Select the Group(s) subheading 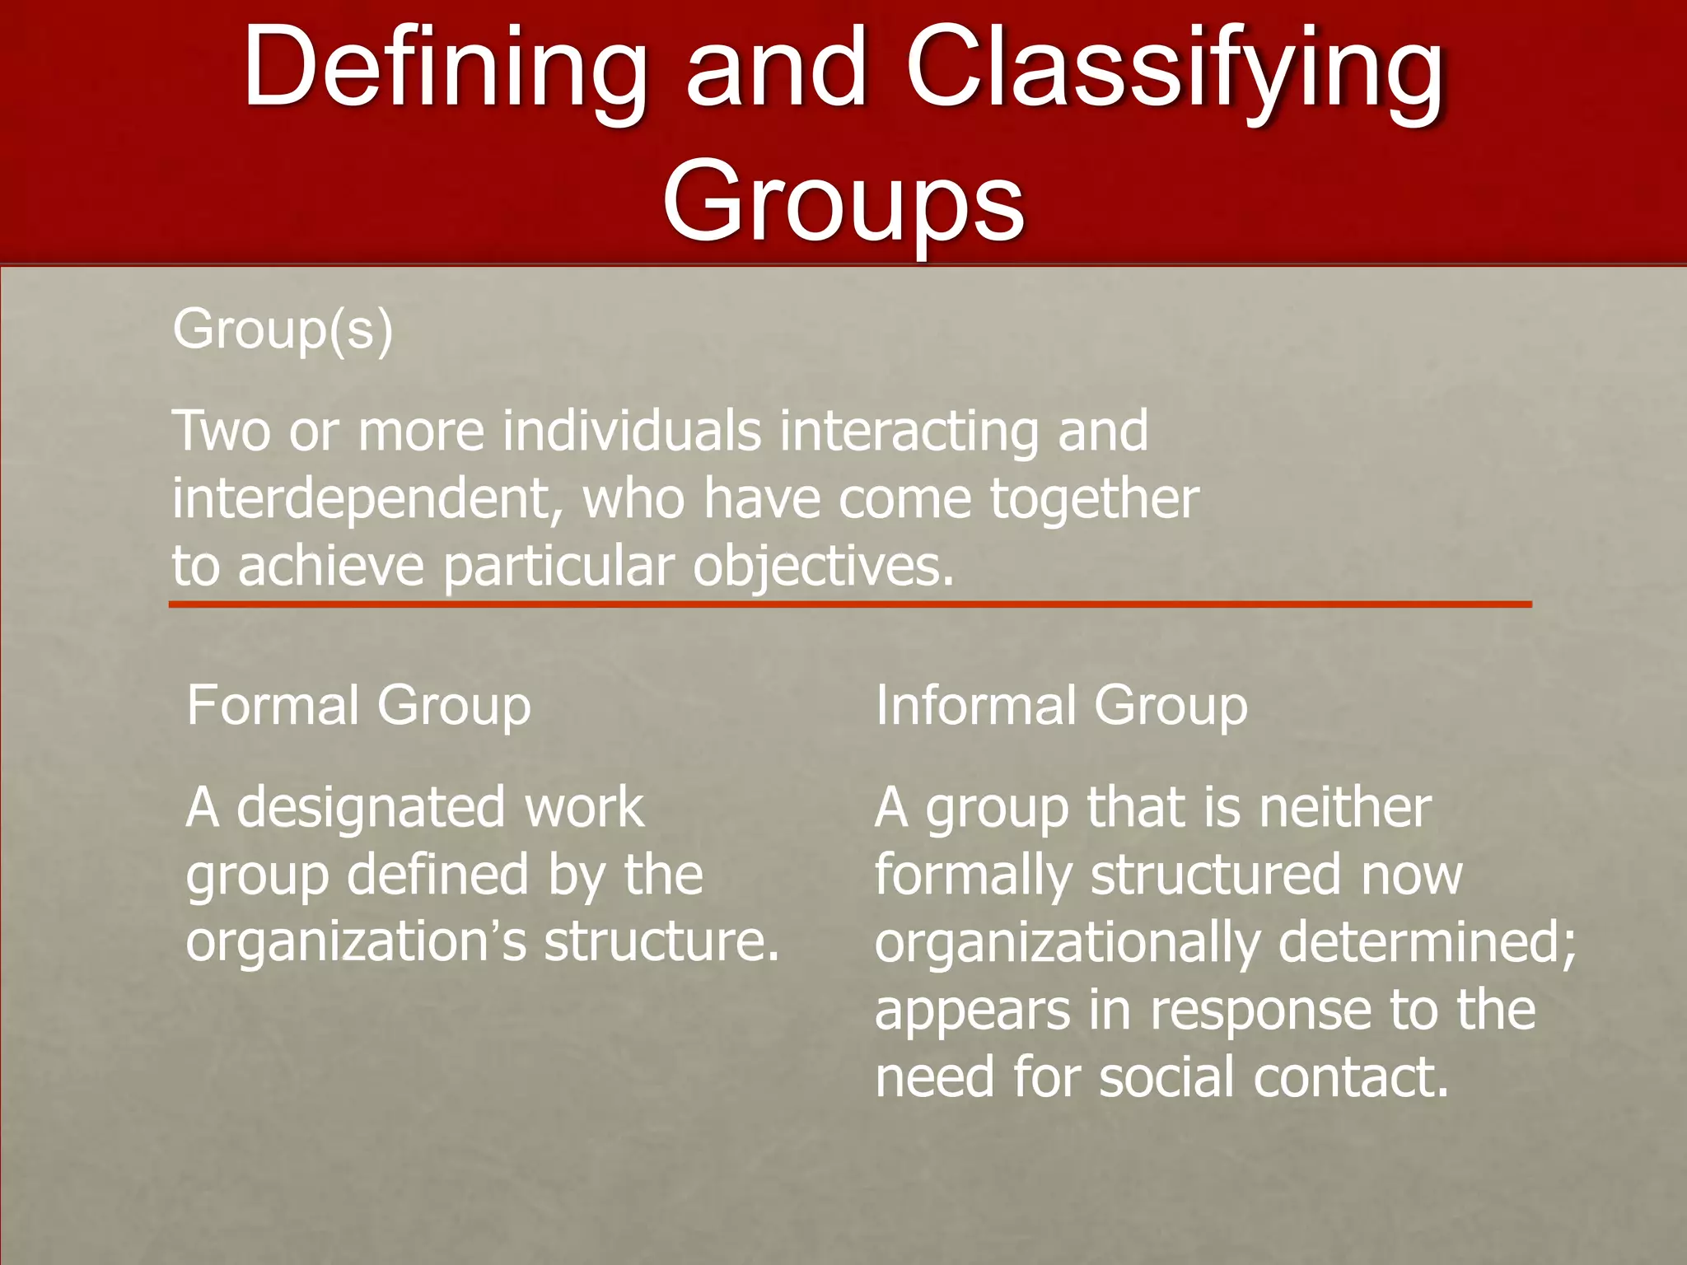point(283,329)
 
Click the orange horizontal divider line point(849,605)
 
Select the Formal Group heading point(358,706)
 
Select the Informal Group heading point(1061,706)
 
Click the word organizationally point(1066,941)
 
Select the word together point(1094,499)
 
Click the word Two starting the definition point(221,431)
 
